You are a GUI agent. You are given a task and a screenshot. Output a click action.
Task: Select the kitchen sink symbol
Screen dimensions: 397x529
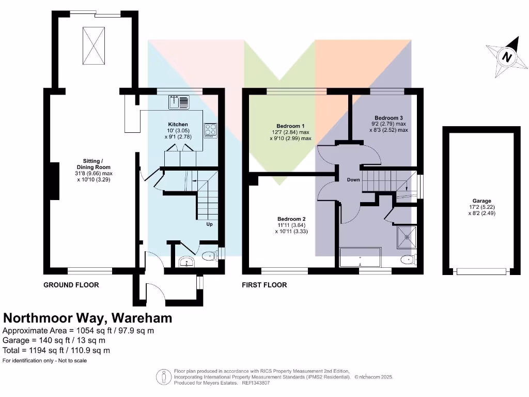point(179,102)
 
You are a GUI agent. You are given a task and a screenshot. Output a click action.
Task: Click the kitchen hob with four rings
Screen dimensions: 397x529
point(210,129)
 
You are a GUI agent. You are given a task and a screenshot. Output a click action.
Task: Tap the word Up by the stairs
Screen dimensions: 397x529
point(209,224)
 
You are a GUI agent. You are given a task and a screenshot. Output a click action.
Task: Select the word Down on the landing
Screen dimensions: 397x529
point(353,180)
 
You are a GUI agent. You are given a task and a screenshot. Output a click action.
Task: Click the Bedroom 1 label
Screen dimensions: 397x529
point(290,126)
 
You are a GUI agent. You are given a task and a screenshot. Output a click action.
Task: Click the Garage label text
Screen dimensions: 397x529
point(480,201)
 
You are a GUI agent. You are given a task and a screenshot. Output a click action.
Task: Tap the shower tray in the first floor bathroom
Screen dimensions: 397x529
point(407,237)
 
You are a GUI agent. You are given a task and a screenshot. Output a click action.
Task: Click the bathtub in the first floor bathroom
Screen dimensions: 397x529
point(360,257)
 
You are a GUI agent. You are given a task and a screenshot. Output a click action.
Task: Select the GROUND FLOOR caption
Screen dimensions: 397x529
point(71,285)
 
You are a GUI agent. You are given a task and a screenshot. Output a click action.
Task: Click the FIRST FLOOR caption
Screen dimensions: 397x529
point(264,285)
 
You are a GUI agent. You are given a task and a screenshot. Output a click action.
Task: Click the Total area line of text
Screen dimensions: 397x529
point(56,350)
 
